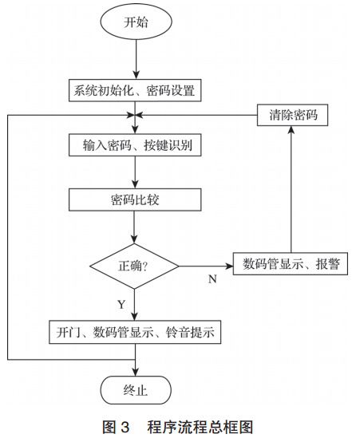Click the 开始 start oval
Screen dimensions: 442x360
[135, 22]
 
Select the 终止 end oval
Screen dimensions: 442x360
[135, 391]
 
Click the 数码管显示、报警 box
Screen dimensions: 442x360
[290, 264]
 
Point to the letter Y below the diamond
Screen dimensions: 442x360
[122, 304]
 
